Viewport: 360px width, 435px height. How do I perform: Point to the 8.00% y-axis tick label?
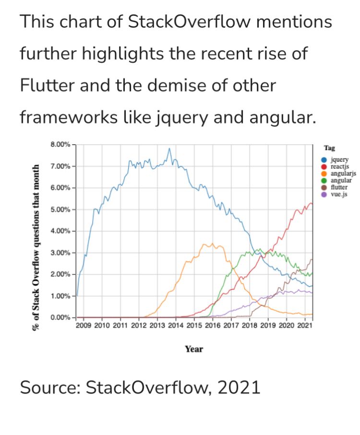(x=60, y=144)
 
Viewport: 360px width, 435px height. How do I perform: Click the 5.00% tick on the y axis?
(x=60, y=210)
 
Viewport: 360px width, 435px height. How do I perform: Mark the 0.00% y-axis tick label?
(x=60, y=317)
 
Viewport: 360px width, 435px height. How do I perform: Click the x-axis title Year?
(x=194, y=349)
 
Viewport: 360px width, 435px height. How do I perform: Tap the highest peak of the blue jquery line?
(x=169, y=149)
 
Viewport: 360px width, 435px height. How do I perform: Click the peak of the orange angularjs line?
(x=212, y=244)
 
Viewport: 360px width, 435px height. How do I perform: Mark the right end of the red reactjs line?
(x=312, y=204)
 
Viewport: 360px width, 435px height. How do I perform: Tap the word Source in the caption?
(x=48, y=388)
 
